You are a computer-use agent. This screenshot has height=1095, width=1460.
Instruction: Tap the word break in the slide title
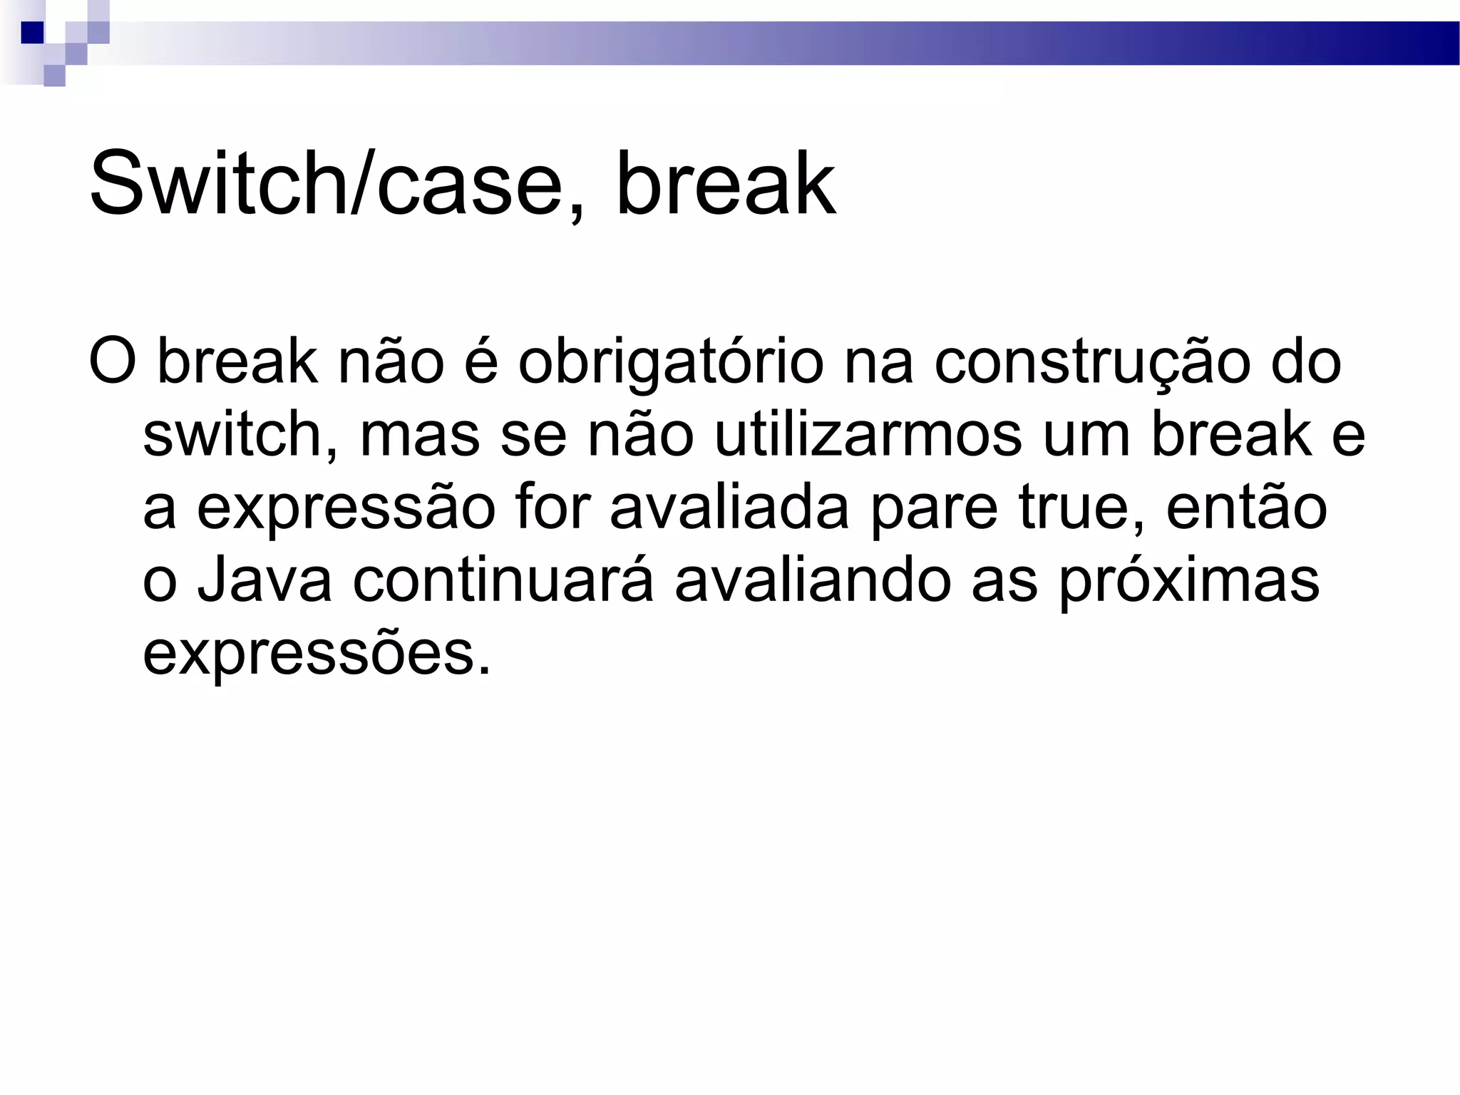click(725, 184)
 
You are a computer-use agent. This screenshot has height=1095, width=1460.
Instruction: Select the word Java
click(264, 580)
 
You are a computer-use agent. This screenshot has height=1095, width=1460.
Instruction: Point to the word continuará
click(503, 580)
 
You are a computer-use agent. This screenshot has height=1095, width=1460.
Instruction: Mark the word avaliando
click(813, 580)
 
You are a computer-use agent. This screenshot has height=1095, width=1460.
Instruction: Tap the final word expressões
click(317, 654)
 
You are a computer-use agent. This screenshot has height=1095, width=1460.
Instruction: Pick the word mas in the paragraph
click(419, 436)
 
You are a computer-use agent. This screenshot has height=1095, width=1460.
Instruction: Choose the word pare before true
click(934, 510)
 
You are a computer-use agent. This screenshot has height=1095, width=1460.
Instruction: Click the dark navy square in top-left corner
click(33, 33)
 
